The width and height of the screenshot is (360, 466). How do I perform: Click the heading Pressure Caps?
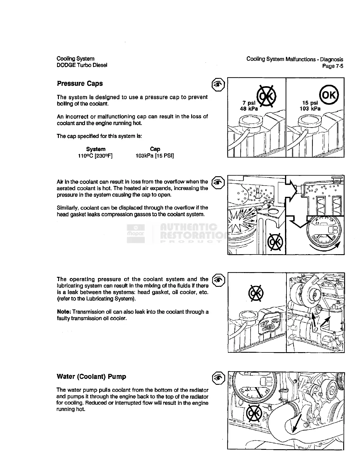click(80, 84)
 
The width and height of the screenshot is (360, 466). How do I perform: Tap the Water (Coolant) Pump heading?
click(91, 377)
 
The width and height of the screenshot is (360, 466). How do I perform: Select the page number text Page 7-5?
click(333, 66)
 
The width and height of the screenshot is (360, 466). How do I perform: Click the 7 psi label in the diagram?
click(249, 103)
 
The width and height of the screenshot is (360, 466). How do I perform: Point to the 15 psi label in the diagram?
click(310, 103)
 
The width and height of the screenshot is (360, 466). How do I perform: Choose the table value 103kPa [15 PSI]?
click(155, 156)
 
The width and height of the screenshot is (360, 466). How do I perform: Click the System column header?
click(96, 149)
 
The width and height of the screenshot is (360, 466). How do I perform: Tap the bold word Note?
click(64, 312)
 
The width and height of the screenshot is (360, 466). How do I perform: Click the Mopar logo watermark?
click(136, 234)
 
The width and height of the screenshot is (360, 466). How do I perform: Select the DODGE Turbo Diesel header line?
click(82, 65)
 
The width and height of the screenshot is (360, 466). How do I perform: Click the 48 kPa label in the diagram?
click(249, 109)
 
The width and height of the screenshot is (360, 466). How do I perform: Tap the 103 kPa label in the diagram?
click(310, 109)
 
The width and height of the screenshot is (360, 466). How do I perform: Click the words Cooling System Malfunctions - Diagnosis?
click(295, 59)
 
